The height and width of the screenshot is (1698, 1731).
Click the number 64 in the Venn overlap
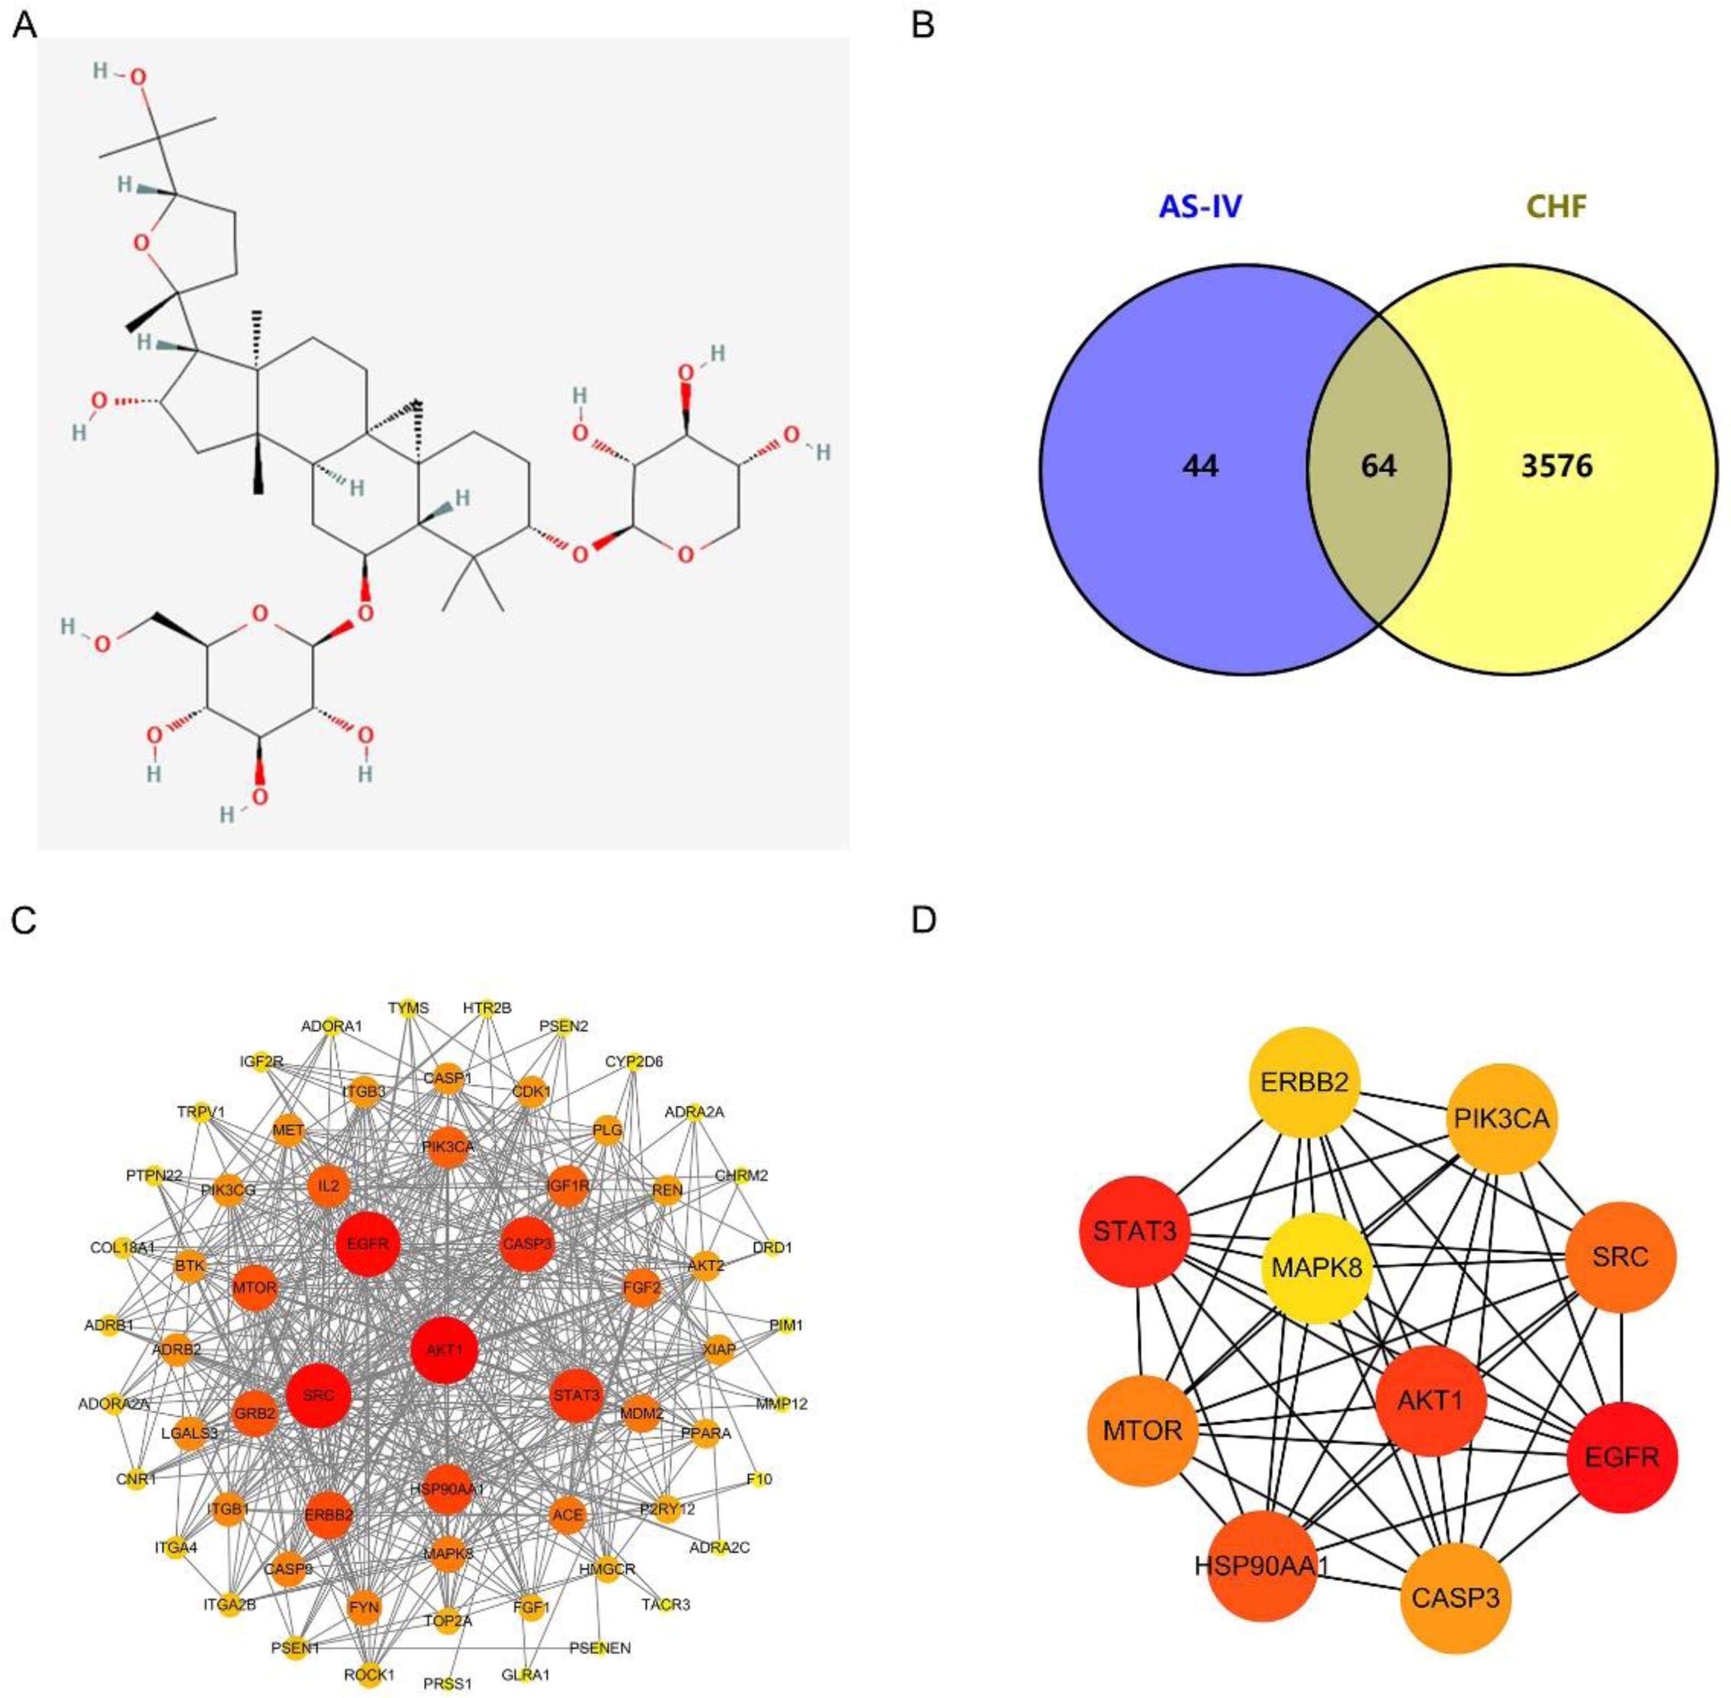click(1378, 466)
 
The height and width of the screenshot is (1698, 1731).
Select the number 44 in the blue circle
click(1200, 466)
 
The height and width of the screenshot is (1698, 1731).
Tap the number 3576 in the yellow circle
click(1556, 466)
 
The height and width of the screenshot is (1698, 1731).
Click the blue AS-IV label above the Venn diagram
click(1200, 207)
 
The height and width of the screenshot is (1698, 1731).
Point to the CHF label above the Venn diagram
click(1556, 207)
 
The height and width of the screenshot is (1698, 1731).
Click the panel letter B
click(923, 25)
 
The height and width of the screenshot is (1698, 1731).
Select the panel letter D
click(923, 919)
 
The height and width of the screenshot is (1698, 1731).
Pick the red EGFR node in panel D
click(1621, 1457)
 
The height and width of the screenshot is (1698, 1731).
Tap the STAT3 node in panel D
click(1135, 1232)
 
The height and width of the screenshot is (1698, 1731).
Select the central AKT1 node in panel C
click(444, 1349)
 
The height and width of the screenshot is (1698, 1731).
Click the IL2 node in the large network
click(328, 1186)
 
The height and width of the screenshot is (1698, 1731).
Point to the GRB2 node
click(255, 1413)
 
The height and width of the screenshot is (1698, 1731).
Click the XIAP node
click(719, 1349)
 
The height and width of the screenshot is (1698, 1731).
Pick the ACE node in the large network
click(567, 1514)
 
